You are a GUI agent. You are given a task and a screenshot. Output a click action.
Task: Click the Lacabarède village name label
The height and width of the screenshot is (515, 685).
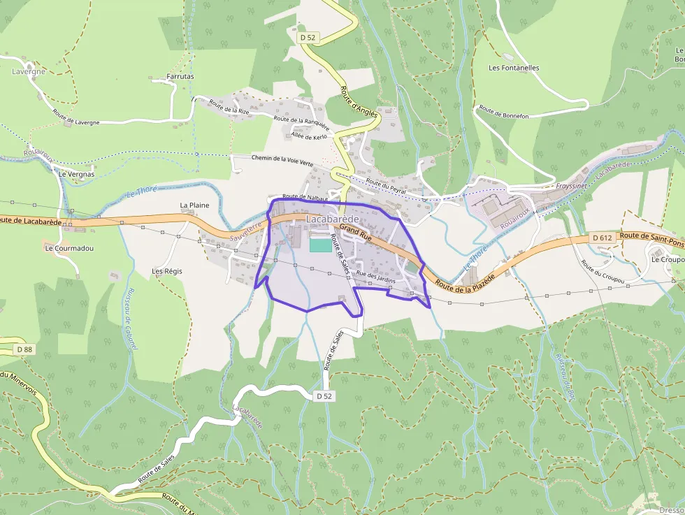tap(332, 219)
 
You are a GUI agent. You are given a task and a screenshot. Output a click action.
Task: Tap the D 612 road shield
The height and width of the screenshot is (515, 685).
tap(602, 238)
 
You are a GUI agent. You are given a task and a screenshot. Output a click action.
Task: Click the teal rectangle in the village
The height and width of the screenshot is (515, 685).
tap(320, 245)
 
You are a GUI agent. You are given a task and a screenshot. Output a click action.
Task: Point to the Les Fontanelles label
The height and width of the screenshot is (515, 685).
tap(514, 68)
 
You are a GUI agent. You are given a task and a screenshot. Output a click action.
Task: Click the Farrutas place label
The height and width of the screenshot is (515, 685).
tap(180, 76)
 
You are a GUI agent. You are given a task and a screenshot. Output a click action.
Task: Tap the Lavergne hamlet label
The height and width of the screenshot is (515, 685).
tap(29, 71)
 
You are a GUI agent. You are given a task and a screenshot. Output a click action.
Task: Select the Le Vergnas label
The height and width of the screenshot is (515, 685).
tap(77, 174)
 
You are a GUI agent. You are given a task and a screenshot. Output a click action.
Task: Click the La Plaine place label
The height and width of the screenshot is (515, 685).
tap(194, 205)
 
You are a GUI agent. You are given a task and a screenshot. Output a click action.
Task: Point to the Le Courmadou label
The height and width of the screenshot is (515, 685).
tap(68, 248)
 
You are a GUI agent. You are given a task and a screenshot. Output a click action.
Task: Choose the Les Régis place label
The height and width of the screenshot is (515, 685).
tap(167, 270)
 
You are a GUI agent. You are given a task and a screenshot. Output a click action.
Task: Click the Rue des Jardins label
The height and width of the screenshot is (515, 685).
tap(375, 277)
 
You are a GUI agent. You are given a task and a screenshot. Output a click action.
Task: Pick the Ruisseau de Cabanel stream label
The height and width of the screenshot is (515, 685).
tap(131, 318)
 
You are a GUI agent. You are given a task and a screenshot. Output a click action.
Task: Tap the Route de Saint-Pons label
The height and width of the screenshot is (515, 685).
tap(651, 239)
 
